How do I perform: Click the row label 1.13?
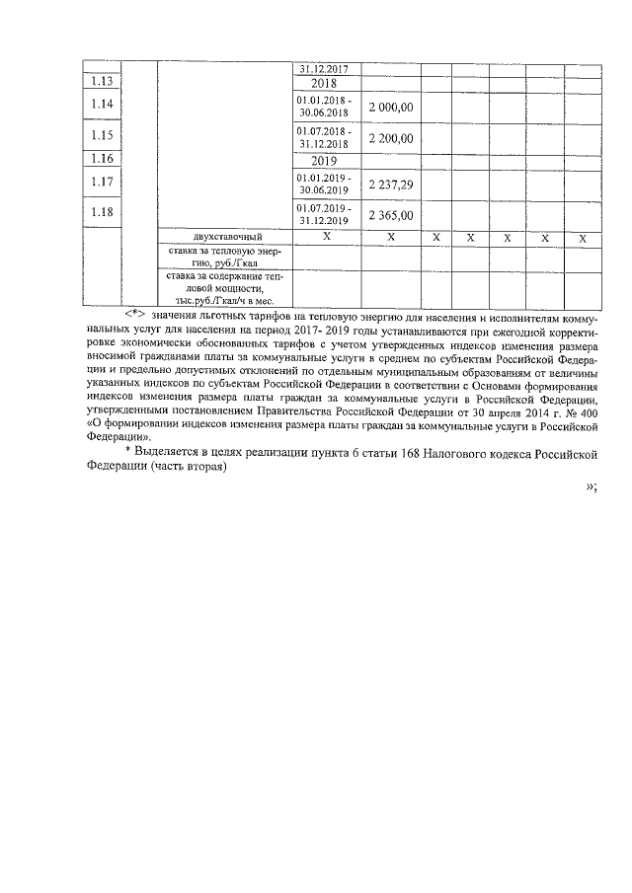click(x=101, y=83)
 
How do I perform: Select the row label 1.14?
click(x=101, y=105)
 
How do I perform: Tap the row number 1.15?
click(x=101, y=136)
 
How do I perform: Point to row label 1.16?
click(x=101, y=159)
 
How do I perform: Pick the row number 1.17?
click(x=101, y=181)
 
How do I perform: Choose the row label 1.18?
click(x=101, y=212)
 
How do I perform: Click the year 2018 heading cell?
click(x=324, y=83)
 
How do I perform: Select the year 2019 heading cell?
click(x=324, y=159)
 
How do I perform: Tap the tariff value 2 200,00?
click(x=390, y=138)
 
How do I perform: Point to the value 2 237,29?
click(x=390, y=183)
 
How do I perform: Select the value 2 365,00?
click(x=390, y=214)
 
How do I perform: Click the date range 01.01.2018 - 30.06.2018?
click(x=324, y=106)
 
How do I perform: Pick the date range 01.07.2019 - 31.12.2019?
click(x=324, y=213)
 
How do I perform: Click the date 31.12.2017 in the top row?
click(x=324, y=69)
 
